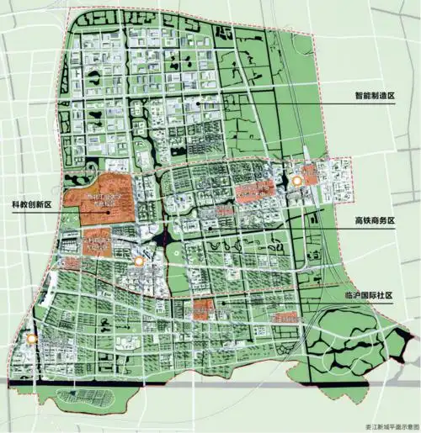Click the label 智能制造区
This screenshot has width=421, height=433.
[375, 97]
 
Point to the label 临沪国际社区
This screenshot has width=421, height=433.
[370, 296]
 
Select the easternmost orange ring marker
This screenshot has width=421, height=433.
[297, 179]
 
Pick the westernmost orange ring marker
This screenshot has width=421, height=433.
[31, 339]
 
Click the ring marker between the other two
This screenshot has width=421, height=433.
[139, 263]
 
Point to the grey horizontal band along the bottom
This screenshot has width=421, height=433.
[210, 383]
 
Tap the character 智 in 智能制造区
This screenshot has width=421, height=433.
[359, 97]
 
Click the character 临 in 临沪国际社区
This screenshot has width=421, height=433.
[349, 296]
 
